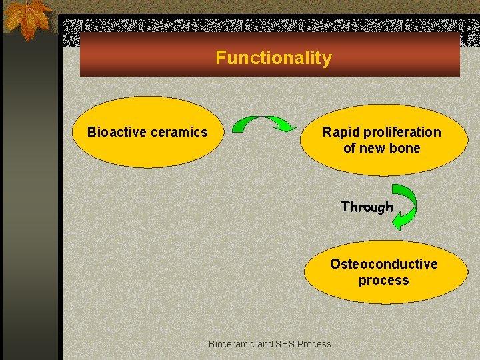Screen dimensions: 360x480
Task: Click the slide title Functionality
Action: (273, 58)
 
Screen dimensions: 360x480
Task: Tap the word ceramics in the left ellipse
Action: (179, 132)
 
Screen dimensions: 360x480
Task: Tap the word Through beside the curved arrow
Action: (367, 207)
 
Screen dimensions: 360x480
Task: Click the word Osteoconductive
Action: (383, 264)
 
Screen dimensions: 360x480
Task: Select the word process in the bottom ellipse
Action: (383, 280)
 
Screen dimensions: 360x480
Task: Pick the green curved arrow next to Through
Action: (406, 207)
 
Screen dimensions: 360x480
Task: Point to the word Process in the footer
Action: (315, 344)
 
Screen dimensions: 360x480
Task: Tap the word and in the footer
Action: (265, 344)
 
